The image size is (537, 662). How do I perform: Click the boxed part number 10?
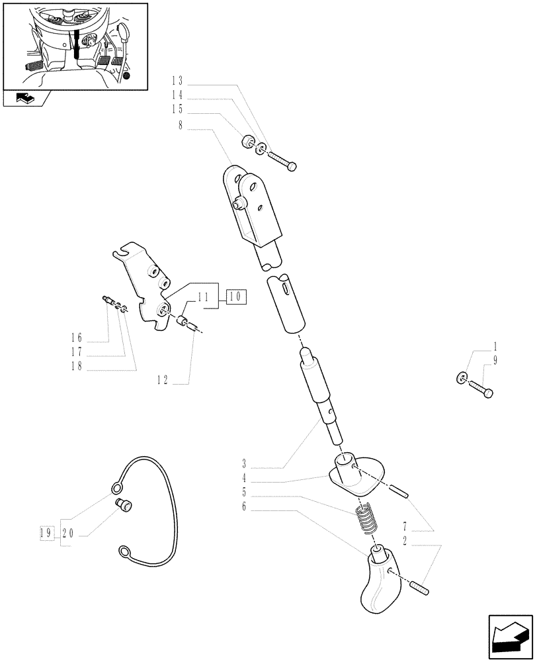(x=237, y=297)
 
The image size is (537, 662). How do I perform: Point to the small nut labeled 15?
(x=249, y=142)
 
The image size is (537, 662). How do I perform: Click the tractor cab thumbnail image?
(x=75, y=45)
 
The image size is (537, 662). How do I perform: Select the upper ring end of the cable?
(x=116, y=489)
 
